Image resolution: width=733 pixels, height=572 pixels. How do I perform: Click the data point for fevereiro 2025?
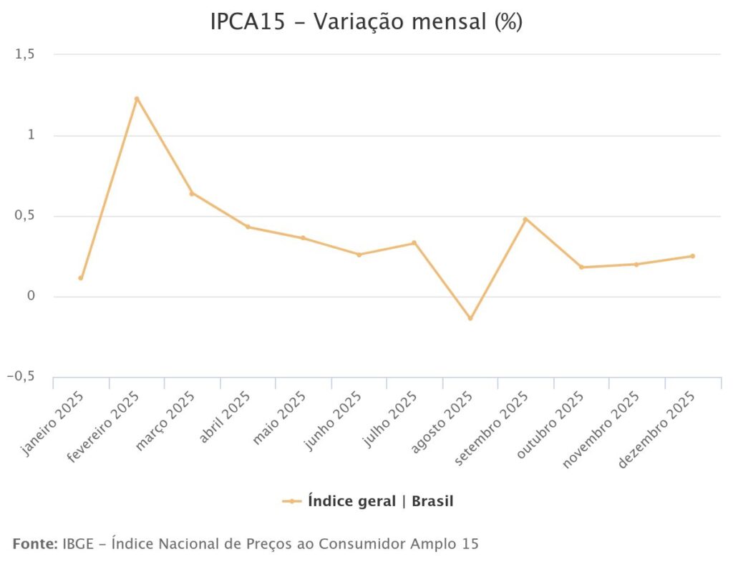[x=136, y=99]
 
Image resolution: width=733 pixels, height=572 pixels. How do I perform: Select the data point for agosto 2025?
[x=470, y=318]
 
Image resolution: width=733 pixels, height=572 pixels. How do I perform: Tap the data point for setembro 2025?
[x=525, y=219]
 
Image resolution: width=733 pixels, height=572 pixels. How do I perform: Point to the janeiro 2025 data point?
[x=81, y=278]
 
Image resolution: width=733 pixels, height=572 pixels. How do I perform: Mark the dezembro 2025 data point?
[x=692, y=256]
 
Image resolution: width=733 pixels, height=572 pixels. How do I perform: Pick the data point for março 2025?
[x=192, y=193]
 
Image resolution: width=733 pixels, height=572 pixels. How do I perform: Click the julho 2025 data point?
[x=414, y=243]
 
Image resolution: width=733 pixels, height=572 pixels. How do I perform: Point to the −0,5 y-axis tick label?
[x=21, y=378]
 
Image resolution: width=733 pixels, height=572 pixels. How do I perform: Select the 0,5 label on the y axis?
[x=25, y=217]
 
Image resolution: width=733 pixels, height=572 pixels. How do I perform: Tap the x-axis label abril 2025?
[x=225, y=418]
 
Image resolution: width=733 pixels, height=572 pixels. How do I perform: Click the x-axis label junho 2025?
[x=334, y=420]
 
